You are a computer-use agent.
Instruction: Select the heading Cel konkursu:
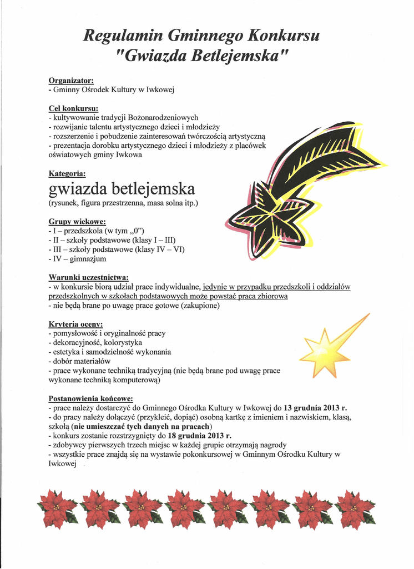(x=74, y=108)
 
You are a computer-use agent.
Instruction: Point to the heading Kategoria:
(x=67, y=174)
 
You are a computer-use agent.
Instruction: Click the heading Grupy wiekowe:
(x=77, y=221)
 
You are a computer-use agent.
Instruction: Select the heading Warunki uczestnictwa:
(x=89, y=277)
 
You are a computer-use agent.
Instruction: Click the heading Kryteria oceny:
(x=75, y=324)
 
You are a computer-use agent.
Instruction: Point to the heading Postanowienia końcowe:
(x=90, y=398)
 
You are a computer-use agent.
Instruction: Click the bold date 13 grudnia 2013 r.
(x=315, y=407)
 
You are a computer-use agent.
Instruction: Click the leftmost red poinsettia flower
(x=57, y=508)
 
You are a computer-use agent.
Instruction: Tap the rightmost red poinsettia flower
(x=355, y=508)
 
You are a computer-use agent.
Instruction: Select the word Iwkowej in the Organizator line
(x=161, y=89)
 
